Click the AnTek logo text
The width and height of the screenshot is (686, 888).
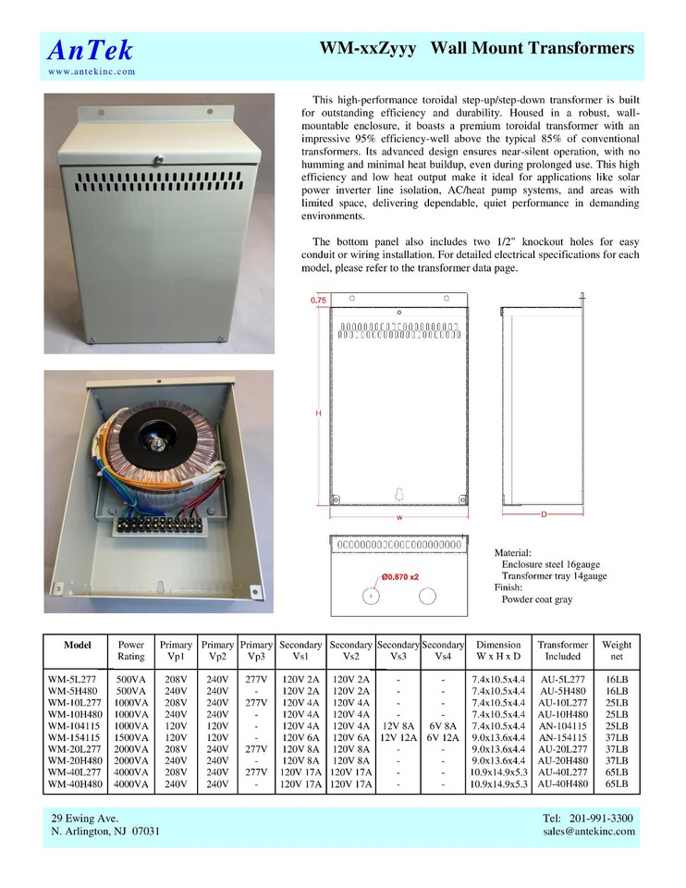pyautogui.click(x=90, y=50)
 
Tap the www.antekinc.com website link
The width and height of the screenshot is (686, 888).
pyautogui.click(x=92, y=71)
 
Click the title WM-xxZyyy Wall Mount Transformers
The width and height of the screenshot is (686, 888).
pyautogui.click(x=476, y=48)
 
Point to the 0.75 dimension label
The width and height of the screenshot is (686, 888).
pyautogui.click(x=318, y=301)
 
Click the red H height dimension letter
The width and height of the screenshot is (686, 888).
pyautogui.click(x=318, y=413)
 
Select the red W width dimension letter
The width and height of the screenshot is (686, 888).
pyautogui.click(x=398, y=518)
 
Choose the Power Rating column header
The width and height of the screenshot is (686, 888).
pyautogui.click(x=131, y=650)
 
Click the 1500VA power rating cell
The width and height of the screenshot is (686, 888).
pyautogui.click(x=131, y=738)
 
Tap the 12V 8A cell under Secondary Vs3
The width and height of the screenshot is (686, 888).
pyautogui.click(x=398, y=726)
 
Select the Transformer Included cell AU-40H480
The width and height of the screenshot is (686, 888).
pyautogui.click(x=562, y=783)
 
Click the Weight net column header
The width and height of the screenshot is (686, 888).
pyautogui.click(x=617, y=650)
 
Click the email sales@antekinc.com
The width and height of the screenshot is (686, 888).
pyautogui.click(x=588, y=832)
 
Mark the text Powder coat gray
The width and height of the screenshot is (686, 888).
pyautogui.click(x=536, y=599)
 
